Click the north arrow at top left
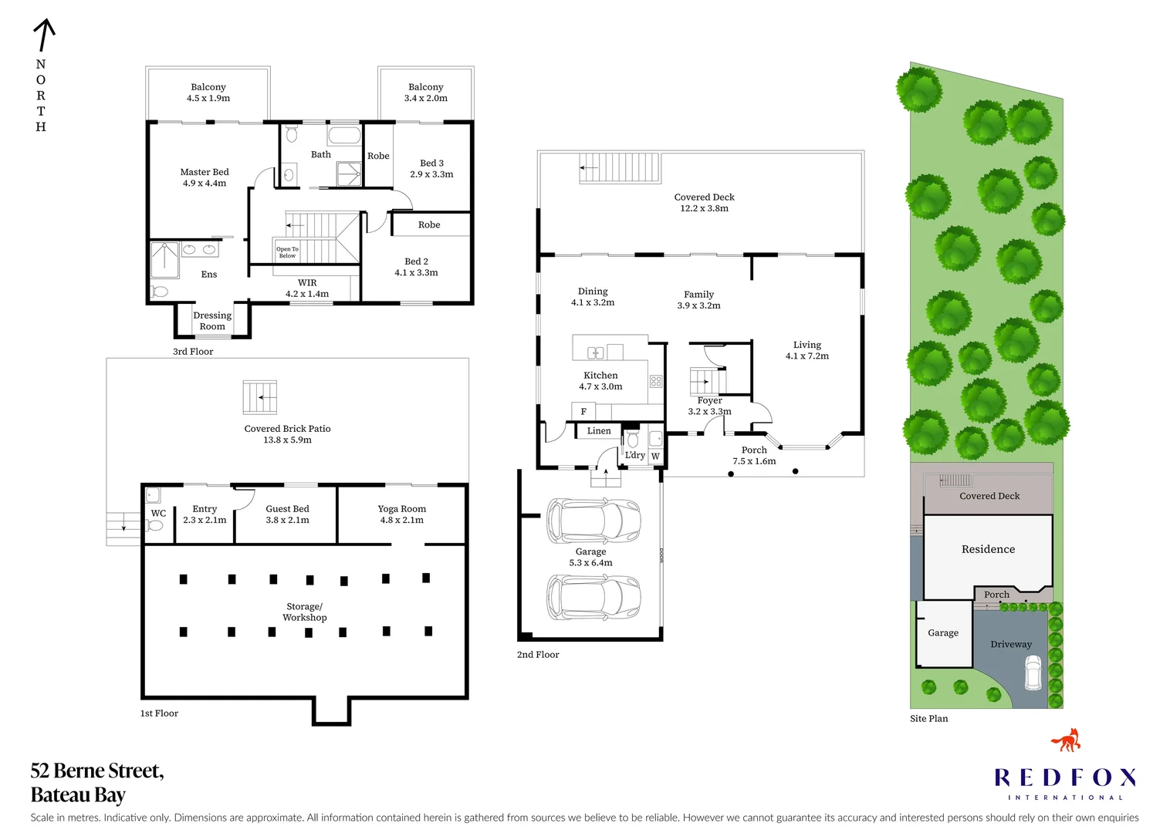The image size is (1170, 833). (44, 36)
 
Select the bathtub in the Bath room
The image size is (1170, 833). (344, 136)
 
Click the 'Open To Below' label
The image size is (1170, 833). (287, 252)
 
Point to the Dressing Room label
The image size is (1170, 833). (212, 321)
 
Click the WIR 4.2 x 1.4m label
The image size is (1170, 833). (307, 288)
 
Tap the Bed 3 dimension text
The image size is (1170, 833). (431, 174)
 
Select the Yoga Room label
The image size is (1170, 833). (401, 509)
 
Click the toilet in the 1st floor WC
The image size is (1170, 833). (155, 526)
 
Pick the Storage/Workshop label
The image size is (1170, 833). (304, 612)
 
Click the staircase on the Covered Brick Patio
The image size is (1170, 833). (260, 397)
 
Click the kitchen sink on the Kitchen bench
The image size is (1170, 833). (596, 353)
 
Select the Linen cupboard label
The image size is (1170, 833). (599, 431)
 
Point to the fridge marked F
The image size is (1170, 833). (583, 411)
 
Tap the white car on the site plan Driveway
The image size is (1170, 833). (1033, 673)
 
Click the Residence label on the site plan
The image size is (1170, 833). (988, 549)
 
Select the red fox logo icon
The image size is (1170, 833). (1066, 740)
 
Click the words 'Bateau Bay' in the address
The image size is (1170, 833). (78, 794)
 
